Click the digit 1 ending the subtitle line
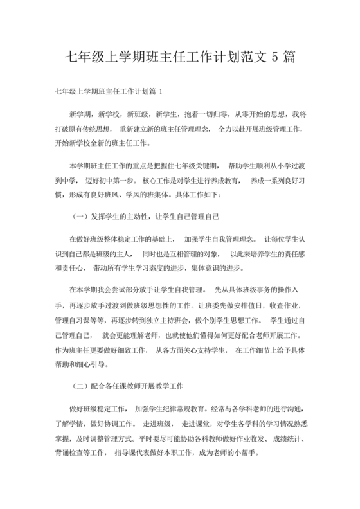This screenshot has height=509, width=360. point(168,92)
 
